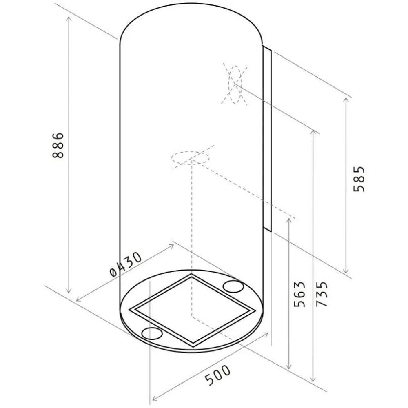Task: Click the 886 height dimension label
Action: (58, 145)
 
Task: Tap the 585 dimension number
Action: (359, 179)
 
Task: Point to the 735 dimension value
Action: (322, 294)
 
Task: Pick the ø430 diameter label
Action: (126, 265)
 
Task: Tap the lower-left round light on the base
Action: (152, 333)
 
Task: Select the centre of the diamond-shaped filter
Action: (192, 310)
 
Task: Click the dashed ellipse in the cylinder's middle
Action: (190, 157)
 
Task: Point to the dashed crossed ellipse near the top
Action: (235, 84)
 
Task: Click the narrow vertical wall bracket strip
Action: (267, 140)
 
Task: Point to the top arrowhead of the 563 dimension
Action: (288, 220)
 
